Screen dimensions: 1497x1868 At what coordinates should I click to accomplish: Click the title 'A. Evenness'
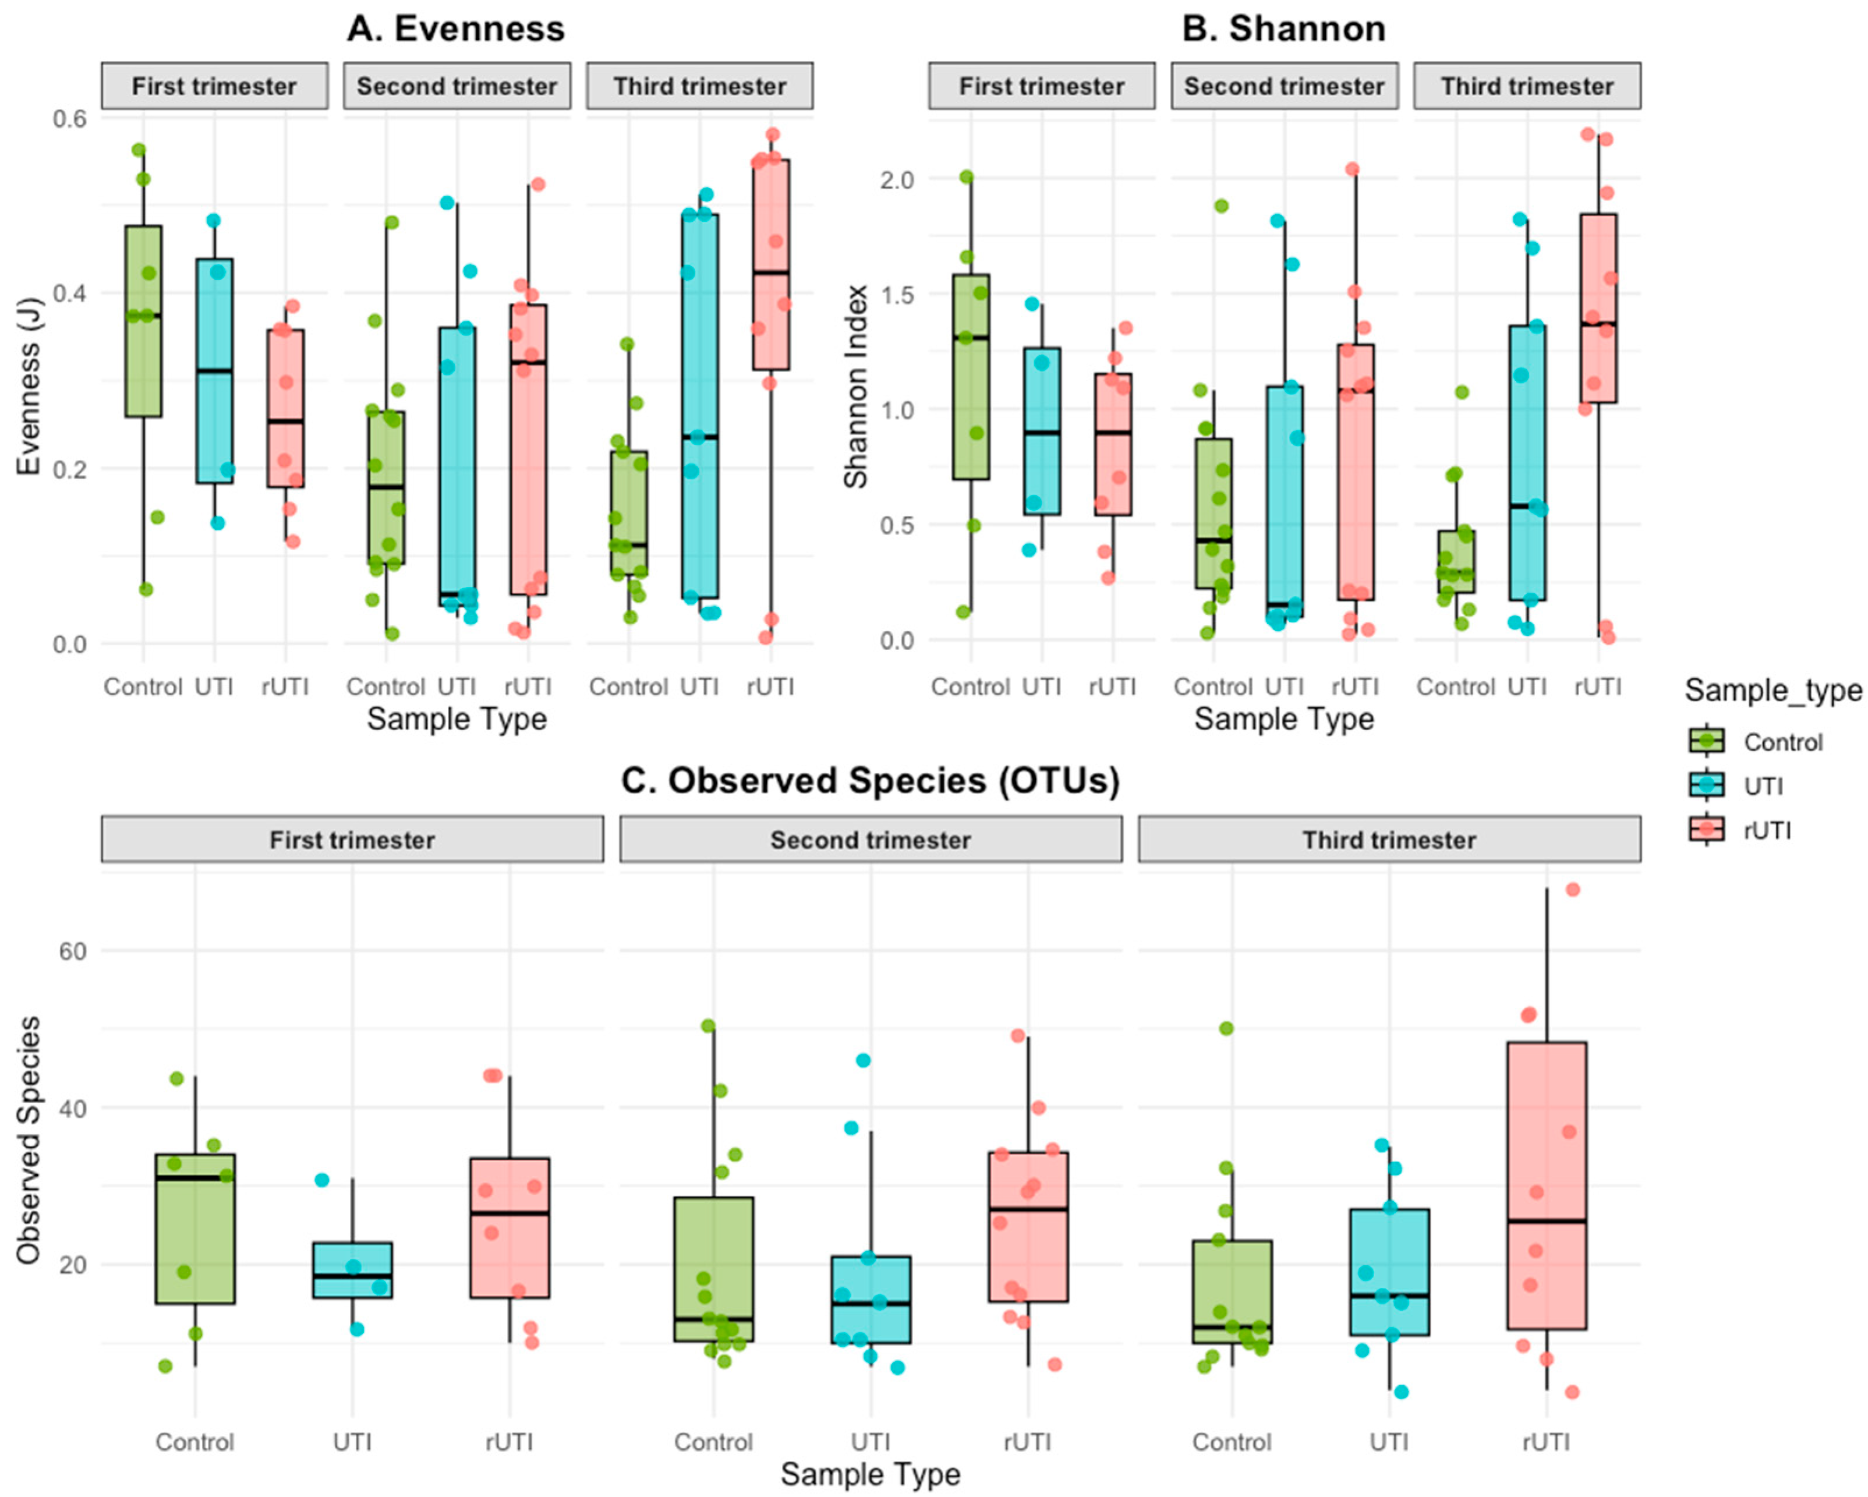pyautogui.click(x=456, y=29)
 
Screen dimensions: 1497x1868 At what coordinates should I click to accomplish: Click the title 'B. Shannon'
pyautogui.click(x=1283, y=29)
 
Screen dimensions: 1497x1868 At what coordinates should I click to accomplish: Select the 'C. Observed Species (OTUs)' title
pyautogui.click(x=870, y=781)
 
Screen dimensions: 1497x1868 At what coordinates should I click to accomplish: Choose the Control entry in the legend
pyautogui.click(x=1782, y=742)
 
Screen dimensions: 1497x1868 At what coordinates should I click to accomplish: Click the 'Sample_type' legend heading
pyautogui.click(x=1772, y=691)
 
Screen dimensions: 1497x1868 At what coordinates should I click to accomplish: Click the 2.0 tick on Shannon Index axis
pyautogui.click(x=897, y=179)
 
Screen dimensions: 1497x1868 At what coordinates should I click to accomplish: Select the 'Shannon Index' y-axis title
pyautogui.click(x=856, y=387)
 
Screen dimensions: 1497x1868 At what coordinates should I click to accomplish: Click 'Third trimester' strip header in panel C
pyautogui.click(x=1389, y=840)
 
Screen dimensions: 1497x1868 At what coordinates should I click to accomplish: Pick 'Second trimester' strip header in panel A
pyautogui.click(x=457, y=86)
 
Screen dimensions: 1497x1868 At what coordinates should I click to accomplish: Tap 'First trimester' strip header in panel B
pyautogui.click(x=1042, y=86)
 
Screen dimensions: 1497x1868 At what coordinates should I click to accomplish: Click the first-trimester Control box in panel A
pyautogui.click(x=143, y=321)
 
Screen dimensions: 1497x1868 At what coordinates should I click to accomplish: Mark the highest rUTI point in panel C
pyautogui.click(x=1573, y=890)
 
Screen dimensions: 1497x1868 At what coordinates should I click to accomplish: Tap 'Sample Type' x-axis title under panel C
pyautogui.click(x=870, y=1474)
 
